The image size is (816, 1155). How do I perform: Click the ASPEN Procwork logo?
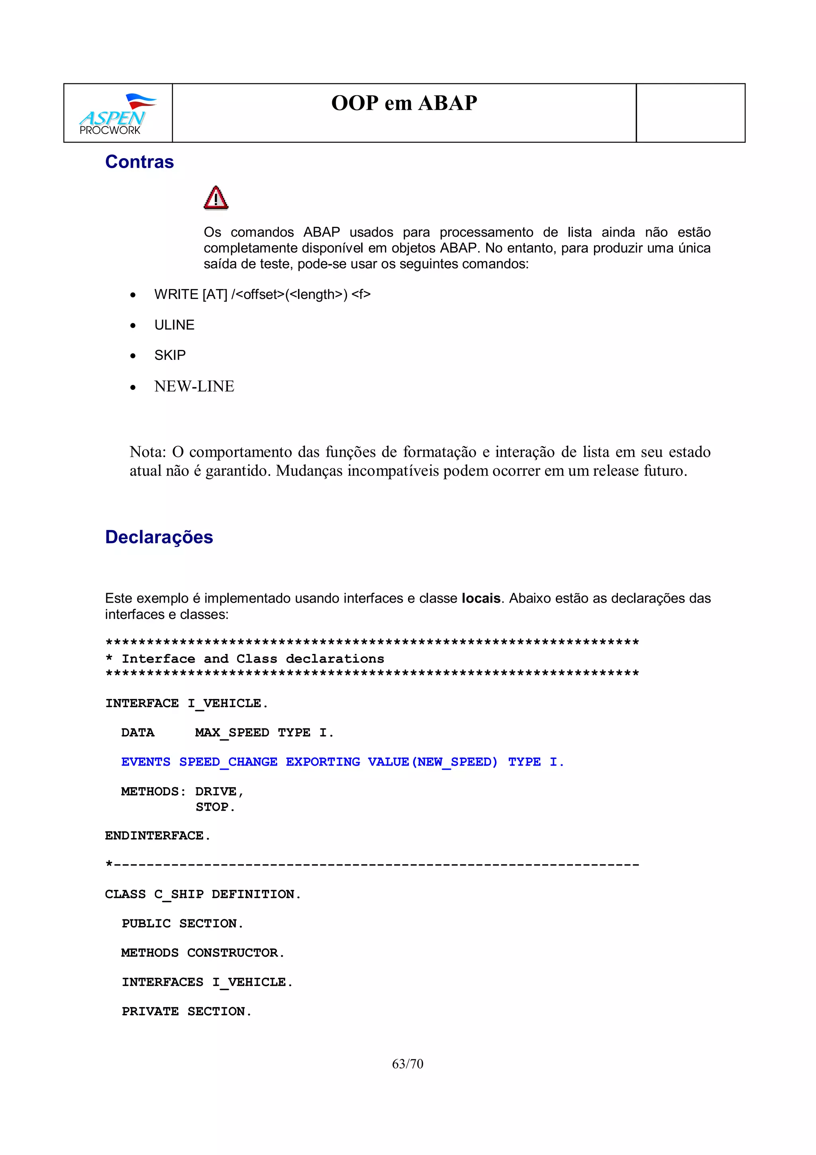(x=117, y=114)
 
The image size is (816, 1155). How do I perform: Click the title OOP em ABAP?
(x=404, y=103)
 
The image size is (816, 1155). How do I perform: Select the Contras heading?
(x=139, y=162)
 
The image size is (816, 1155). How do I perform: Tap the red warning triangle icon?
(x=216, y=198)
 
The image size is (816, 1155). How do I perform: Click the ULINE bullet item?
(x=174, y=325)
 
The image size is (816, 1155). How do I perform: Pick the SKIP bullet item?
(x=170, y=355)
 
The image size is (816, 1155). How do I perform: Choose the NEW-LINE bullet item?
(x=194, y=386)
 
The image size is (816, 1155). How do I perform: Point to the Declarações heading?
(x=159, y=537)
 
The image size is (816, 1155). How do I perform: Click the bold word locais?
(x=481, y=598)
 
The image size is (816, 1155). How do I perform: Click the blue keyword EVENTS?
(x=146, y=762)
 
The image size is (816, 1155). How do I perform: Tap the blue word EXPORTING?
(x=323, y=762)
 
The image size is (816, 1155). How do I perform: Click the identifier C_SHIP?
(x=178, y=894)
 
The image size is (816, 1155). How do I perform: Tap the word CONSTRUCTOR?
(x=232, y=953)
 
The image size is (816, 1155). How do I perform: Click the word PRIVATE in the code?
(x=150, y=1011)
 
